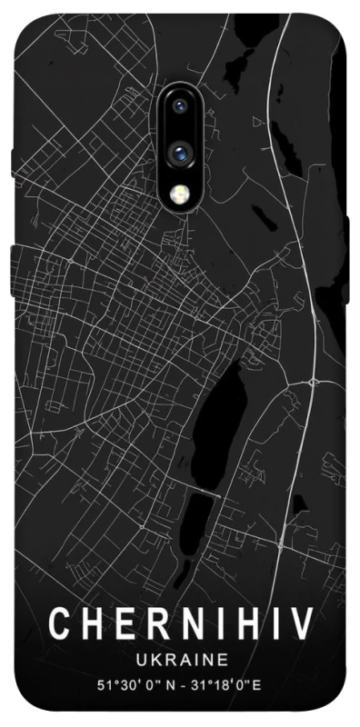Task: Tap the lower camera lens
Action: [180, 152]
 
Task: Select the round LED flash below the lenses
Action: [180, 193]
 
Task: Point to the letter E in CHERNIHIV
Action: [123, 624]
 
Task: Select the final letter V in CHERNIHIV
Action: [301, 624]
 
